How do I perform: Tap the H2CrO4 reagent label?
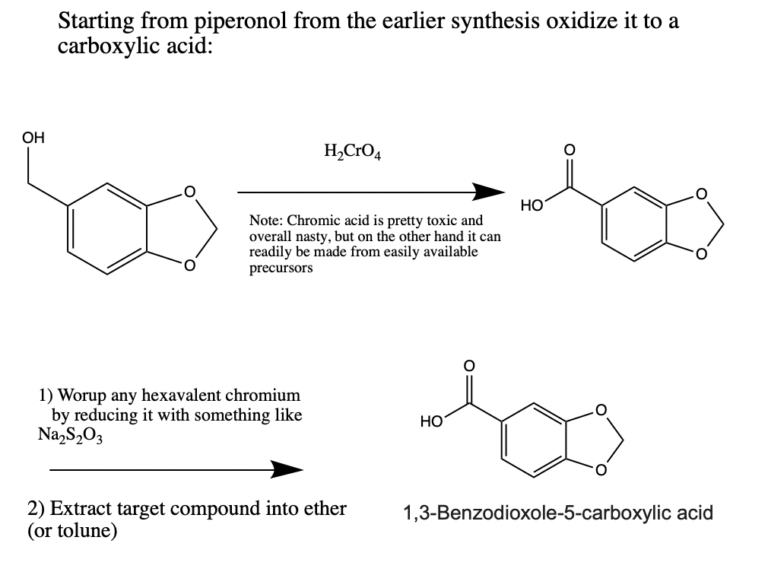(x=352, y=152)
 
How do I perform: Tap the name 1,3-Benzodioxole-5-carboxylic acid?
(x=557, y=513)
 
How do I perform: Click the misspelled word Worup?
(x=83, y=396)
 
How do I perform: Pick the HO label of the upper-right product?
(x=531, y=205)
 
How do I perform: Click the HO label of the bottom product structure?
(x=430, y=421)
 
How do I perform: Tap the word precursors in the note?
(x=281, y=268)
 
